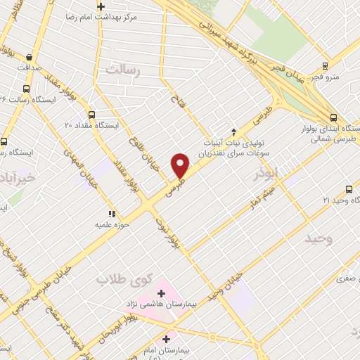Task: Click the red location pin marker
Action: click(x=181, y=165)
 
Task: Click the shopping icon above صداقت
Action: click(x=28, y=57)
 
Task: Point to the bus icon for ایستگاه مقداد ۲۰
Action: click(x=92, y=115)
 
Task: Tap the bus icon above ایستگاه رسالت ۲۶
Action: click(x=27, y=89)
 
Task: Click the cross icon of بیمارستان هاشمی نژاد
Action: click(x=161, y=292)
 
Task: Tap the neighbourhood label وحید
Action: click(x=319, y=239)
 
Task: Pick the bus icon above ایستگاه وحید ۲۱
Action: click(x=349, y=189)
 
